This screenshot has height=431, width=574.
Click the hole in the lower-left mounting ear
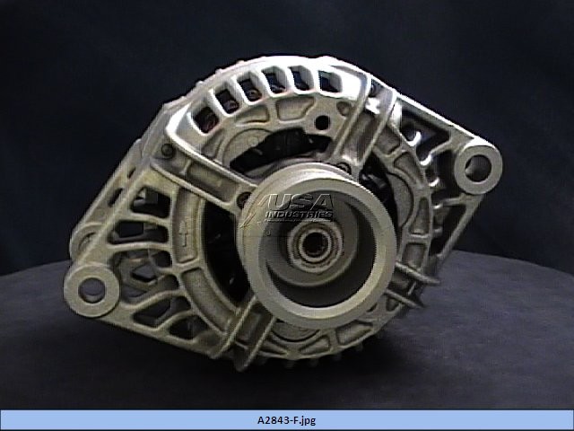click(x=91, y=290)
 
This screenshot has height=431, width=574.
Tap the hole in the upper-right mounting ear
click(x=477, y=168)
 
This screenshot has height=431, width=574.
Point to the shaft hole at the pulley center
click(x=315, y=245)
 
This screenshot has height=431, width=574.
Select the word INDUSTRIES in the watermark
click(x=299, y=215)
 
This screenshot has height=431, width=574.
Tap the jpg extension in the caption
click(x=309, y=421)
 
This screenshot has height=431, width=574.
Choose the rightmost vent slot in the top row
click(x=327, y=82)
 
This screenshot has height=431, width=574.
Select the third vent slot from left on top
click(x=250, y=90)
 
